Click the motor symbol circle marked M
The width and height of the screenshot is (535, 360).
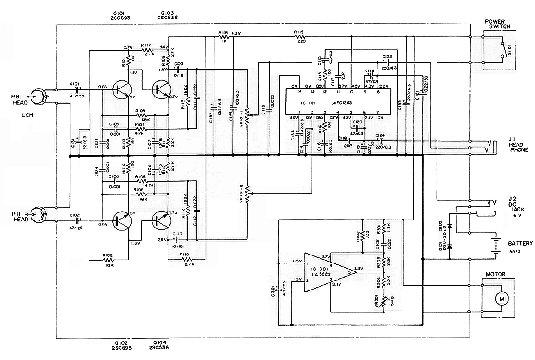coord(500,299)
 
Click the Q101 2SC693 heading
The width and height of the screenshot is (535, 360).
coord(119,15)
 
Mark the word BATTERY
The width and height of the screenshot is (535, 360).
coord(520,244)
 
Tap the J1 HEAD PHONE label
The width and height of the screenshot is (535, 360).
coord(518,144)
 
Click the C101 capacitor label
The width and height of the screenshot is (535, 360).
coord(74,84)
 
